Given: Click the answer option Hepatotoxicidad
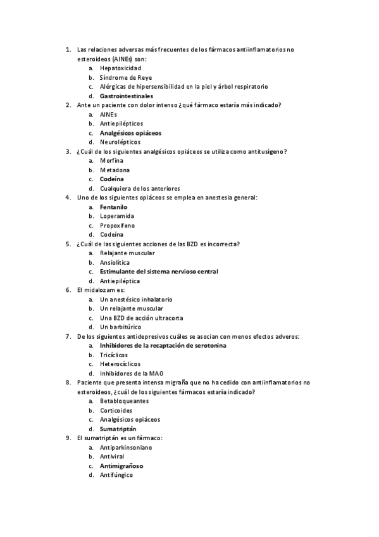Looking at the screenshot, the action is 120,68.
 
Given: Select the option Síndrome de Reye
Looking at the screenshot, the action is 121,77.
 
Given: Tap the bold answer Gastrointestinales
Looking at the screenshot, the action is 127,96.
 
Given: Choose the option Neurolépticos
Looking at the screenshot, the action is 120,142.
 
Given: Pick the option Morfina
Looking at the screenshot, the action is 112,161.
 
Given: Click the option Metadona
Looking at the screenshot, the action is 115,170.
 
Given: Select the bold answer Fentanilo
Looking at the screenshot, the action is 114,206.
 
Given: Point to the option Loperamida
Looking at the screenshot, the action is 117,216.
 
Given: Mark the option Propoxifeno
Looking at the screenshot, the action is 117,225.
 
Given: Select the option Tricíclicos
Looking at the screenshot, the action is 115,355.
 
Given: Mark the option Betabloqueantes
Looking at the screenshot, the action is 125,401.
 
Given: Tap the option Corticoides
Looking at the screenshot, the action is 116,410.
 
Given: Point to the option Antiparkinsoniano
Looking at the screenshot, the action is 126,447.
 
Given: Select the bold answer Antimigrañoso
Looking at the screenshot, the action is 121,465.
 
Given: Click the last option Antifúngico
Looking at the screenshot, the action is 116,475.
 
